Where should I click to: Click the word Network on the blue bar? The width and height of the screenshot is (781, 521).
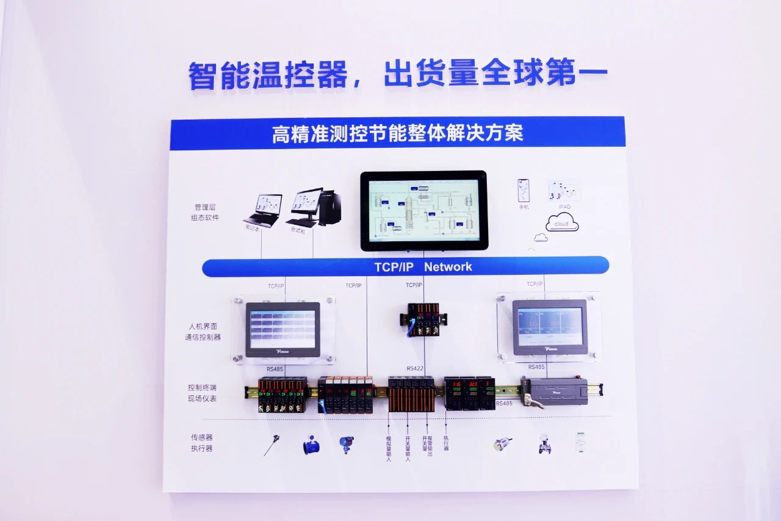point(448,267)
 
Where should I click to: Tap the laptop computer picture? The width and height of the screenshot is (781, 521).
point(264,209)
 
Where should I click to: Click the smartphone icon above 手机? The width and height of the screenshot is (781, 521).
point(524,190)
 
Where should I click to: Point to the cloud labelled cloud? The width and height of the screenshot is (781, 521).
point(562,224)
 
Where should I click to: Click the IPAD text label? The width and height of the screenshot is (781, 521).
point(564,207)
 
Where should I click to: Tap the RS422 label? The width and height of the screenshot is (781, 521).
point(415,368)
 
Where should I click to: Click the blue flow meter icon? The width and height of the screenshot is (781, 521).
point(311,447)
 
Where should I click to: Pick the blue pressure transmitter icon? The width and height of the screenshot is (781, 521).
point(347,445)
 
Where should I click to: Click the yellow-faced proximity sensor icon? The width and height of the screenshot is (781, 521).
point(502,444)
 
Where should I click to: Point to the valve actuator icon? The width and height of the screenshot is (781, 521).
point(545,444)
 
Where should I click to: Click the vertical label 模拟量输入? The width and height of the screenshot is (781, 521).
point(389,448)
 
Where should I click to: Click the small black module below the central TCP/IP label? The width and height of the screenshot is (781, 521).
point(423,318)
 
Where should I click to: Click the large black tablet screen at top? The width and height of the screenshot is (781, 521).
point(423,210)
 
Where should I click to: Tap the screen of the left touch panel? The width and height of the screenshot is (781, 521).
point(283,329)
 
